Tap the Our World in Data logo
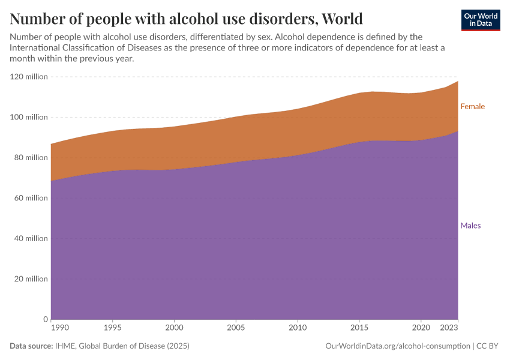(x=480, y=20)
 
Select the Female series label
(x=472, y=106)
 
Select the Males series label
(x=470, y=226)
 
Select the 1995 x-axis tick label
(x=112, y=329)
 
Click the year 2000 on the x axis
(x=174, y=329)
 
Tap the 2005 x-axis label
(x=236, y=329)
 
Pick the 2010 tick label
(x=298, y=329)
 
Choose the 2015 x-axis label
(x=359, y=329)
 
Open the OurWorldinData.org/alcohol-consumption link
(x=397, y=346)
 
